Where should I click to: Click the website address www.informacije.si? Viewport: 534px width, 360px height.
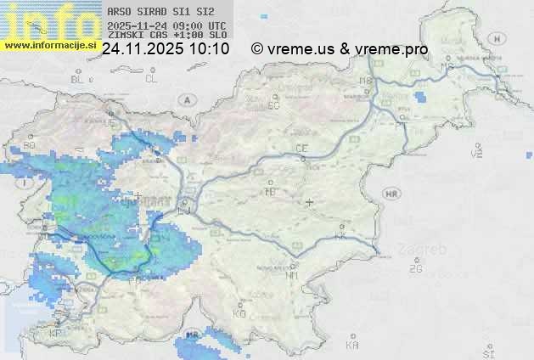point(48,45)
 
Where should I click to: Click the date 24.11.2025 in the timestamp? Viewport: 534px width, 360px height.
point(140,50)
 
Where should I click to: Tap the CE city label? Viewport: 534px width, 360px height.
point(301,149)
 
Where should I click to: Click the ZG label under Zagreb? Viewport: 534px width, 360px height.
point(415,269)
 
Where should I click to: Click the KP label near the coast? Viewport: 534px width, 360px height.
point(56,333)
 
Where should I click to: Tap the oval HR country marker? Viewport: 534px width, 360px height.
point(391,194)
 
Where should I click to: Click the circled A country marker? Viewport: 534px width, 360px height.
point(185,99)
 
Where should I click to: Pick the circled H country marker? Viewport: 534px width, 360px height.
point(501,38)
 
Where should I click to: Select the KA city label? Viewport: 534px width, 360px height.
point(352,345)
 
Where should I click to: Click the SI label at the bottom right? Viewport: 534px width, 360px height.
point(487,352)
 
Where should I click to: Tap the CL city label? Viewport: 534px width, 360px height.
point(151,79)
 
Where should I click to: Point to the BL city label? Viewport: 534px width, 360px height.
point(78,79)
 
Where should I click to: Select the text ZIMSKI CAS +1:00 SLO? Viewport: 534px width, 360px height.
point(167,36)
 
